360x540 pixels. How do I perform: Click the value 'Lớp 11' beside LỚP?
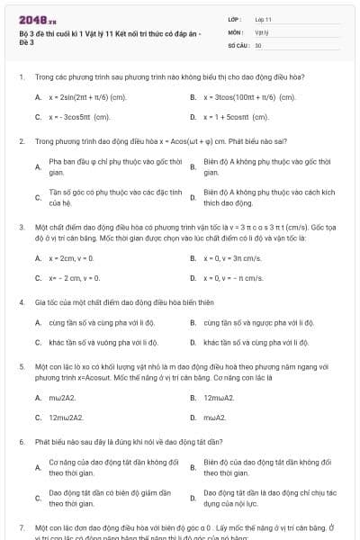tap(264, 19)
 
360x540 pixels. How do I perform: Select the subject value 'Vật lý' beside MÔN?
tap(262, 31)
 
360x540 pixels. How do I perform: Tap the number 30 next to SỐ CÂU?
tap(258, 44)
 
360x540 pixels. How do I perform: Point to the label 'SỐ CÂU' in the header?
tap(238, 44)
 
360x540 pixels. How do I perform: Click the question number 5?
tap(21, 367)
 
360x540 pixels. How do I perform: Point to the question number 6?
tap(21, 442)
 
